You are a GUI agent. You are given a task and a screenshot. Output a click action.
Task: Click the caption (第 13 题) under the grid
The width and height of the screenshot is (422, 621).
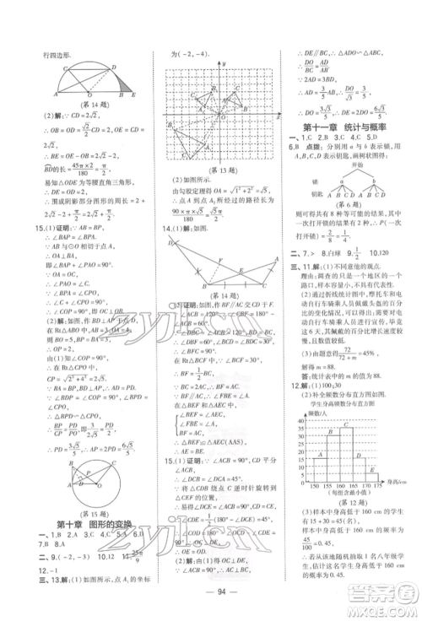(x=214, y=169)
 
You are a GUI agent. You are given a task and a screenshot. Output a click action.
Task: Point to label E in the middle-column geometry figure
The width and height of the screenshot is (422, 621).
(x=239, y=270)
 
